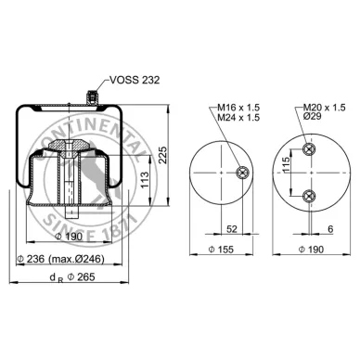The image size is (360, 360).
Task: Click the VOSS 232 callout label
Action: coord(135,80)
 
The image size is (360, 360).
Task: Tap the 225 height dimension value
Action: coord(162,154)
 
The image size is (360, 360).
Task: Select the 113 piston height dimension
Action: coord(144,180)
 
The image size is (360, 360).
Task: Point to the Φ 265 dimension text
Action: coord(82,276)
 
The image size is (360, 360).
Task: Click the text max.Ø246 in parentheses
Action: coord(76,259)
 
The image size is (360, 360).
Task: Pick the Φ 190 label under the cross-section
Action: coord(69,237)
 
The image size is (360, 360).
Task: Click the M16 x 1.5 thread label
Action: coord(238,108)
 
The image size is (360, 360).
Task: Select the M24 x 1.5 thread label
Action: coord(238,118)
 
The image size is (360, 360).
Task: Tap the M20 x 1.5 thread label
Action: coord(324,108)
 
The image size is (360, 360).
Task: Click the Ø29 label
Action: coord(312,116)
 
